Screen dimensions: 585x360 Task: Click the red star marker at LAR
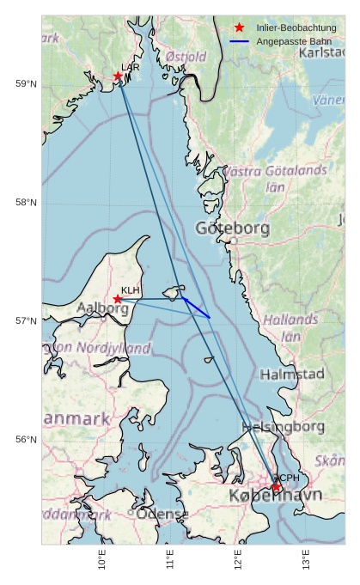(119, 76)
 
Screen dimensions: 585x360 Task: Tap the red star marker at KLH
(118, 299)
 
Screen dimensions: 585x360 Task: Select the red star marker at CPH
(277, 487)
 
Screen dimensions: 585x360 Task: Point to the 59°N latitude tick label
(27, 83)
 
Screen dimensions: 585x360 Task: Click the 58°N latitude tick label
(27, 203)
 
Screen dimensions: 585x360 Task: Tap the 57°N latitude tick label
(27, 321)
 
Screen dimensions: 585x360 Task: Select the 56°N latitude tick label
(27, 440)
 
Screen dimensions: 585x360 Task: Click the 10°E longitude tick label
(102, 559)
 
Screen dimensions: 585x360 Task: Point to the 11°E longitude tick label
(170, 559)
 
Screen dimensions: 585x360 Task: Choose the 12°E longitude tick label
(238, 559)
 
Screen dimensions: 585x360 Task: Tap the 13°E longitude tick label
(306, 559)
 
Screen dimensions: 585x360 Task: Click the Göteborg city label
(232, 229)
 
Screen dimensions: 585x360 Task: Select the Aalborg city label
(102, 308)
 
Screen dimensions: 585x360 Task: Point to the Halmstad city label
(292, 375)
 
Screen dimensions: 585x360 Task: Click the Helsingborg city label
(284, 426)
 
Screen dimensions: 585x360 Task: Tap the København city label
(275, 497)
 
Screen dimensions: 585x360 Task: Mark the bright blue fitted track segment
(196, 308)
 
